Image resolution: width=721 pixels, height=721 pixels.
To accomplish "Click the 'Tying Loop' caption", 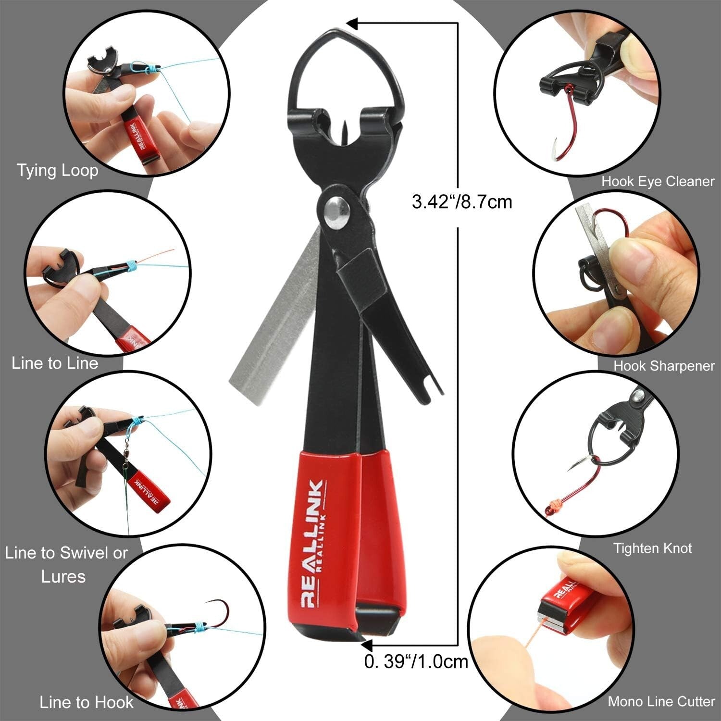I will tap(58, 171).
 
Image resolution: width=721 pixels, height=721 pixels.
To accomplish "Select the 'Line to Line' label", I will tap(55, 363).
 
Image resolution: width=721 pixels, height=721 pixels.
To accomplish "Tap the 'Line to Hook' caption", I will tap(86, 702).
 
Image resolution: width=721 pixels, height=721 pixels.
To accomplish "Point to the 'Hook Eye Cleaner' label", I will tap(658, 181).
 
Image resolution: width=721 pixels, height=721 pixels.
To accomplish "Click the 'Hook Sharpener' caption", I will tap(664, 366).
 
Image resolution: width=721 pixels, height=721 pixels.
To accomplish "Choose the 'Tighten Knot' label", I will tap(652, 548).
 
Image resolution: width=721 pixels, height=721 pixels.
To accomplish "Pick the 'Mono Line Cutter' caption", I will tap(661, 701).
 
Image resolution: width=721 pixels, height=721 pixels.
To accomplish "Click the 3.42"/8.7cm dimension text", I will tap(461, 201).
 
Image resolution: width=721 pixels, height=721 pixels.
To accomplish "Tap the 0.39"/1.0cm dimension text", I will tap(416, 661).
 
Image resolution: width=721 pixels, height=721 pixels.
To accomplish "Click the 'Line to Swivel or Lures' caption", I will tap(66, 564).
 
